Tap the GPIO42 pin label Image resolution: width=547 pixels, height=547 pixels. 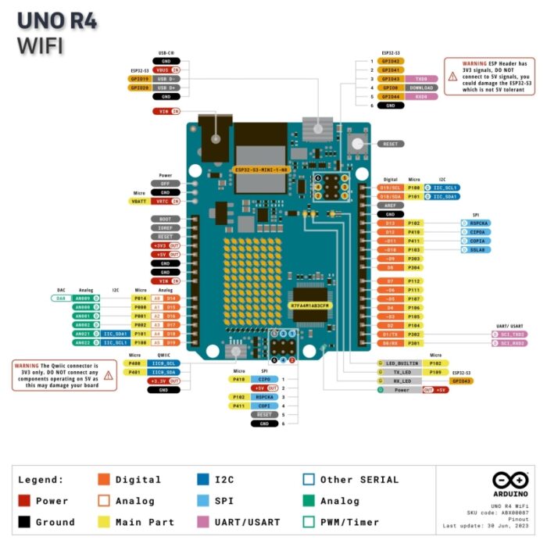tap(391, 60)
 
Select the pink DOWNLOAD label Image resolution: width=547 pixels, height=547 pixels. tap(421, 88)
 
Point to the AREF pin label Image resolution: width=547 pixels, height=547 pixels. tap(390, 205)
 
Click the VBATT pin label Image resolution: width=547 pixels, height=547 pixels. tap(139, 201)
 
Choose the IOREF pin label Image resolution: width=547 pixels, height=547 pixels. tap(165, 227)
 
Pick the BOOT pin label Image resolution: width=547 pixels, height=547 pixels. tap(165, 219)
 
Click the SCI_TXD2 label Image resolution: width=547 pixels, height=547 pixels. tap(508, 334)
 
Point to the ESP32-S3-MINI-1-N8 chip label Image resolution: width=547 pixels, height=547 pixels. tap(262, 170)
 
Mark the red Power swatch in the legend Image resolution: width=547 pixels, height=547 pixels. tap(23, 501)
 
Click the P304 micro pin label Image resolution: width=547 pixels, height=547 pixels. tap(414, 267)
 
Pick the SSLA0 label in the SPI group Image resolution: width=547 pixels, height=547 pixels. tap(476, 249)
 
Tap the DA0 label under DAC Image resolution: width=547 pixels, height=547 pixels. tap(61, 298)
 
